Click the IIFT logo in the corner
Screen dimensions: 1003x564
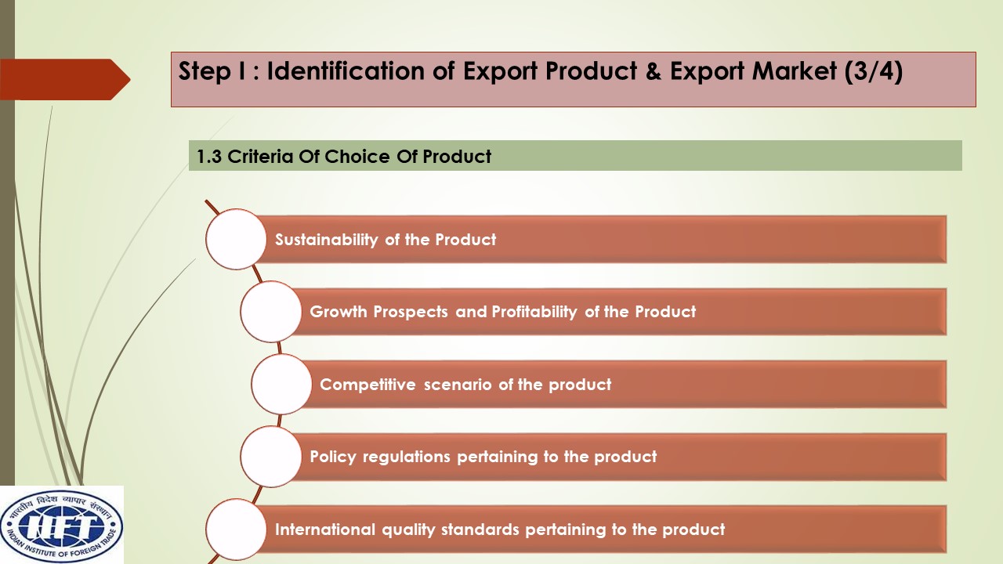click(x=62, y=525)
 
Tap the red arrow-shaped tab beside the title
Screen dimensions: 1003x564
click(x=65, y=79)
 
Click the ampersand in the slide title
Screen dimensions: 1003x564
click(x=654, y=71)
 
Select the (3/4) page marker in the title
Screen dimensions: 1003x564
click(x=873, y=71)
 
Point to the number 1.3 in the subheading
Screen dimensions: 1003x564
click(x=209, y=157)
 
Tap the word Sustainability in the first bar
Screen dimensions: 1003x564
click(x=327, y=240)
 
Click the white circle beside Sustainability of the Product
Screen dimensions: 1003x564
click(x=236, y=239)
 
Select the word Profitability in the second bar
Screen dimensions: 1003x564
click(x=534, y=312)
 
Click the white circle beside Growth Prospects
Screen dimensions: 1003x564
click(x=271, y=312)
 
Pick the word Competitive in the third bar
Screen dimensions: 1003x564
click(x=368, y=385)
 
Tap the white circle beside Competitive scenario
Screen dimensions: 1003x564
click(x=281, y=384)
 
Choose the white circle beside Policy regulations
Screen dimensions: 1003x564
click(x=271, y=457)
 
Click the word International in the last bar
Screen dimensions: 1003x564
click(x=324, y=530)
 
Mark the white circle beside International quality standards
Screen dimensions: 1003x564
click(x=236, y=529)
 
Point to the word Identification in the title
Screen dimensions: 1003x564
click(x=346, y=70)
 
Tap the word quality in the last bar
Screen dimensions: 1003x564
click(x=408, y=530)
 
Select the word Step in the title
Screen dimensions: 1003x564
click(x=205, y=72)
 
